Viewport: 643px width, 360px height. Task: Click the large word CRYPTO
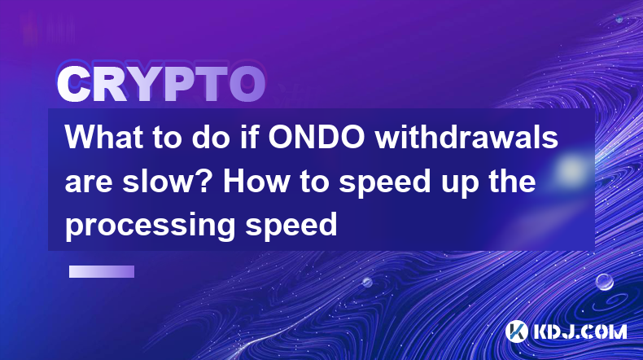[x=161, y=85]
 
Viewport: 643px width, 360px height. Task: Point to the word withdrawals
[x=466, y=137]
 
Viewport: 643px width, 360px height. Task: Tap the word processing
[x=151, y=226]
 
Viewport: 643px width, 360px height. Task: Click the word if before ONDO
[x=250, y=137]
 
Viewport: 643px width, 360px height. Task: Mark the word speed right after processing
[x=291, y=226]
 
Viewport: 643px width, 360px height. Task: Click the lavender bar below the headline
[x=102, y=271]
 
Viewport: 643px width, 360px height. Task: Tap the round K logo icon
[x=516, y=331]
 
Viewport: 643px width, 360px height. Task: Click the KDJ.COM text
[x=580, y=331]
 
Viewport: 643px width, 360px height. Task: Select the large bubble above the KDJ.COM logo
[x=604, y=282]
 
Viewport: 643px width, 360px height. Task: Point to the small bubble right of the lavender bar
[x=367, y=282]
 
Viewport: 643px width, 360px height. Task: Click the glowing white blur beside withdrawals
[x=571, y=169]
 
